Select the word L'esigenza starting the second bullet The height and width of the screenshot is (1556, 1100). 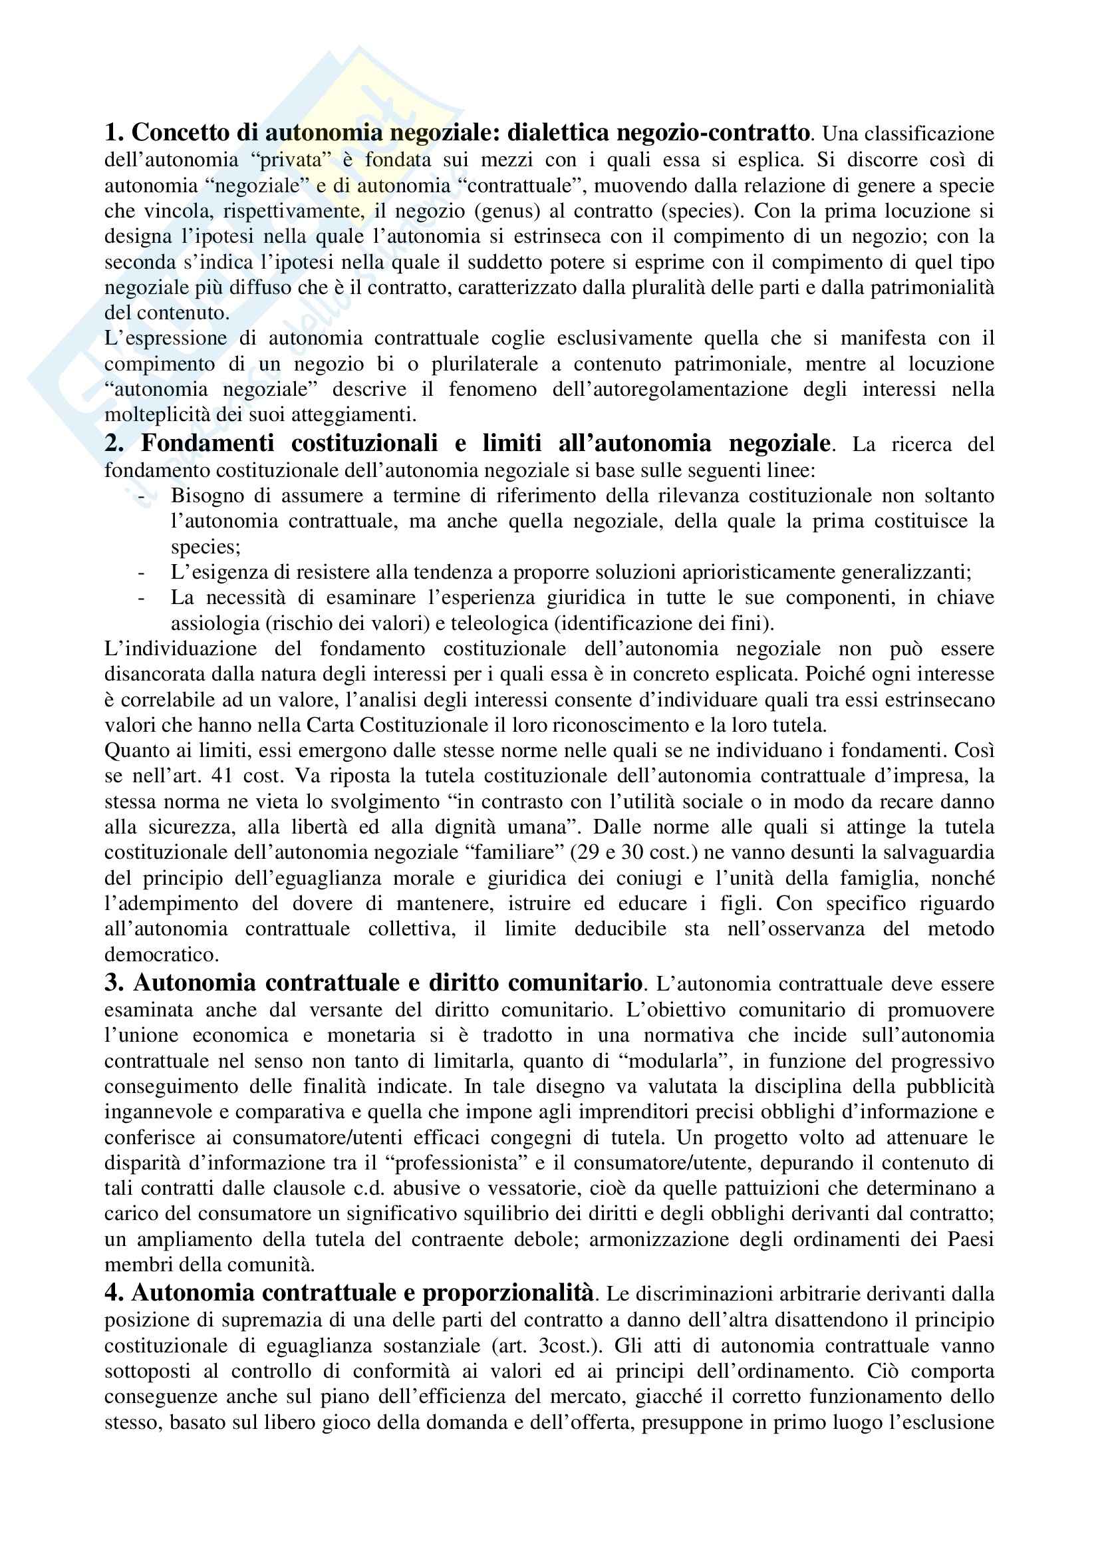click(210, 572)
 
